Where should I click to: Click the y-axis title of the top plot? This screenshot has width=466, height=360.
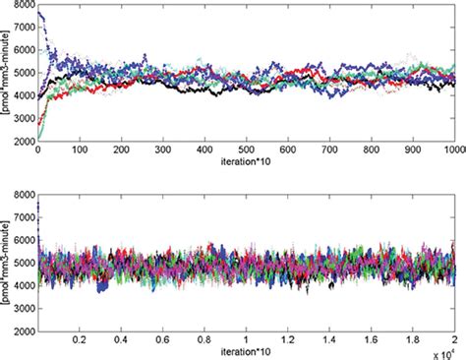[8, 79]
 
